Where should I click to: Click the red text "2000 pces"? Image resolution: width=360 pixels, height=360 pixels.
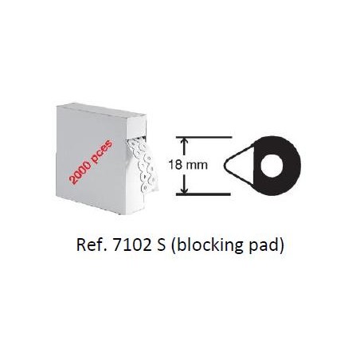click(x=91, y=162)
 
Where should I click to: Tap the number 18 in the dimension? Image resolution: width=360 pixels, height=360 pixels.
click(x=175, y=165)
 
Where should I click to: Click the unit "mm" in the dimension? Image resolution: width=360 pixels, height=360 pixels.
click(x=197, y=166)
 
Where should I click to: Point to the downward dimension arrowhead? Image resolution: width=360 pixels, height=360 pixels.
click(x=184, y=189)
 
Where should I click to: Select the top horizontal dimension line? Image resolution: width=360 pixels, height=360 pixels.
click(x=204, y=137)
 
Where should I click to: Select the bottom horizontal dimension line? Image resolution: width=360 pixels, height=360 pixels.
click(x=203, y=194)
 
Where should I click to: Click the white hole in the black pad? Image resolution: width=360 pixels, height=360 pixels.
click(x=271, y=165)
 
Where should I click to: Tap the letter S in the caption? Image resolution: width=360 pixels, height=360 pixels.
click(x=161, y=245)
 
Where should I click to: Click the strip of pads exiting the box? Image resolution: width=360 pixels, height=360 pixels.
click(x=143, y=166)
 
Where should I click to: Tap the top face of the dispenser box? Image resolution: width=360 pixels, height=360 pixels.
click(x=102, y=109)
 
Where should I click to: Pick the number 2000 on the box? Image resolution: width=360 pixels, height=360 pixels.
click(x=80, y=173)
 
